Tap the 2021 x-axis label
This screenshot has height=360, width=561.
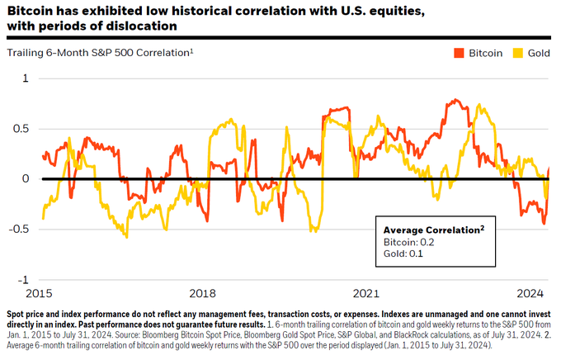365,293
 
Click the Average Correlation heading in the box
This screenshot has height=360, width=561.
430,229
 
